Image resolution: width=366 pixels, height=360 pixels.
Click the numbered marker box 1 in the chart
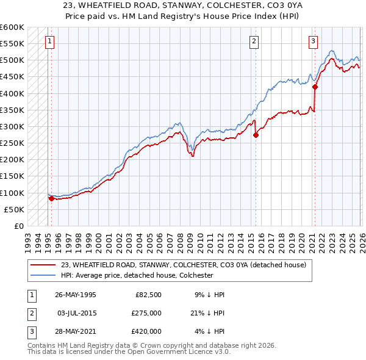(49, 41)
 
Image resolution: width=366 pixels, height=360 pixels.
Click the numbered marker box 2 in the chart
(254, 41)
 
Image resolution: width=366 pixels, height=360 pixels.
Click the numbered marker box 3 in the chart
(313, 41)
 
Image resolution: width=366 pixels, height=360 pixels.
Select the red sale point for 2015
(256, 135)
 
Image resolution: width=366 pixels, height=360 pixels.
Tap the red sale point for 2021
(315, 87)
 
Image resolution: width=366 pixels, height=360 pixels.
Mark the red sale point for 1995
(51, 198)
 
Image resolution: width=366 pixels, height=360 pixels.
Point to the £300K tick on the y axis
(12, 127)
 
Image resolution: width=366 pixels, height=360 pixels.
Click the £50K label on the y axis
(14, 209)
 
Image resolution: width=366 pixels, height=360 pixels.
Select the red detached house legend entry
(179, 265)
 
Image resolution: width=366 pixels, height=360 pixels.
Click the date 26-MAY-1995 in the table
(75, 295)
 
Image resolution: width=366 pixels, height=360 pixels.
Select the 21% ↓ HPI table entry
(206, 313)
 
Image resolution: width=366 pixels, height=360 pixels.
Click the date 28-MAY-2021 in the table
(75, 331)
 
